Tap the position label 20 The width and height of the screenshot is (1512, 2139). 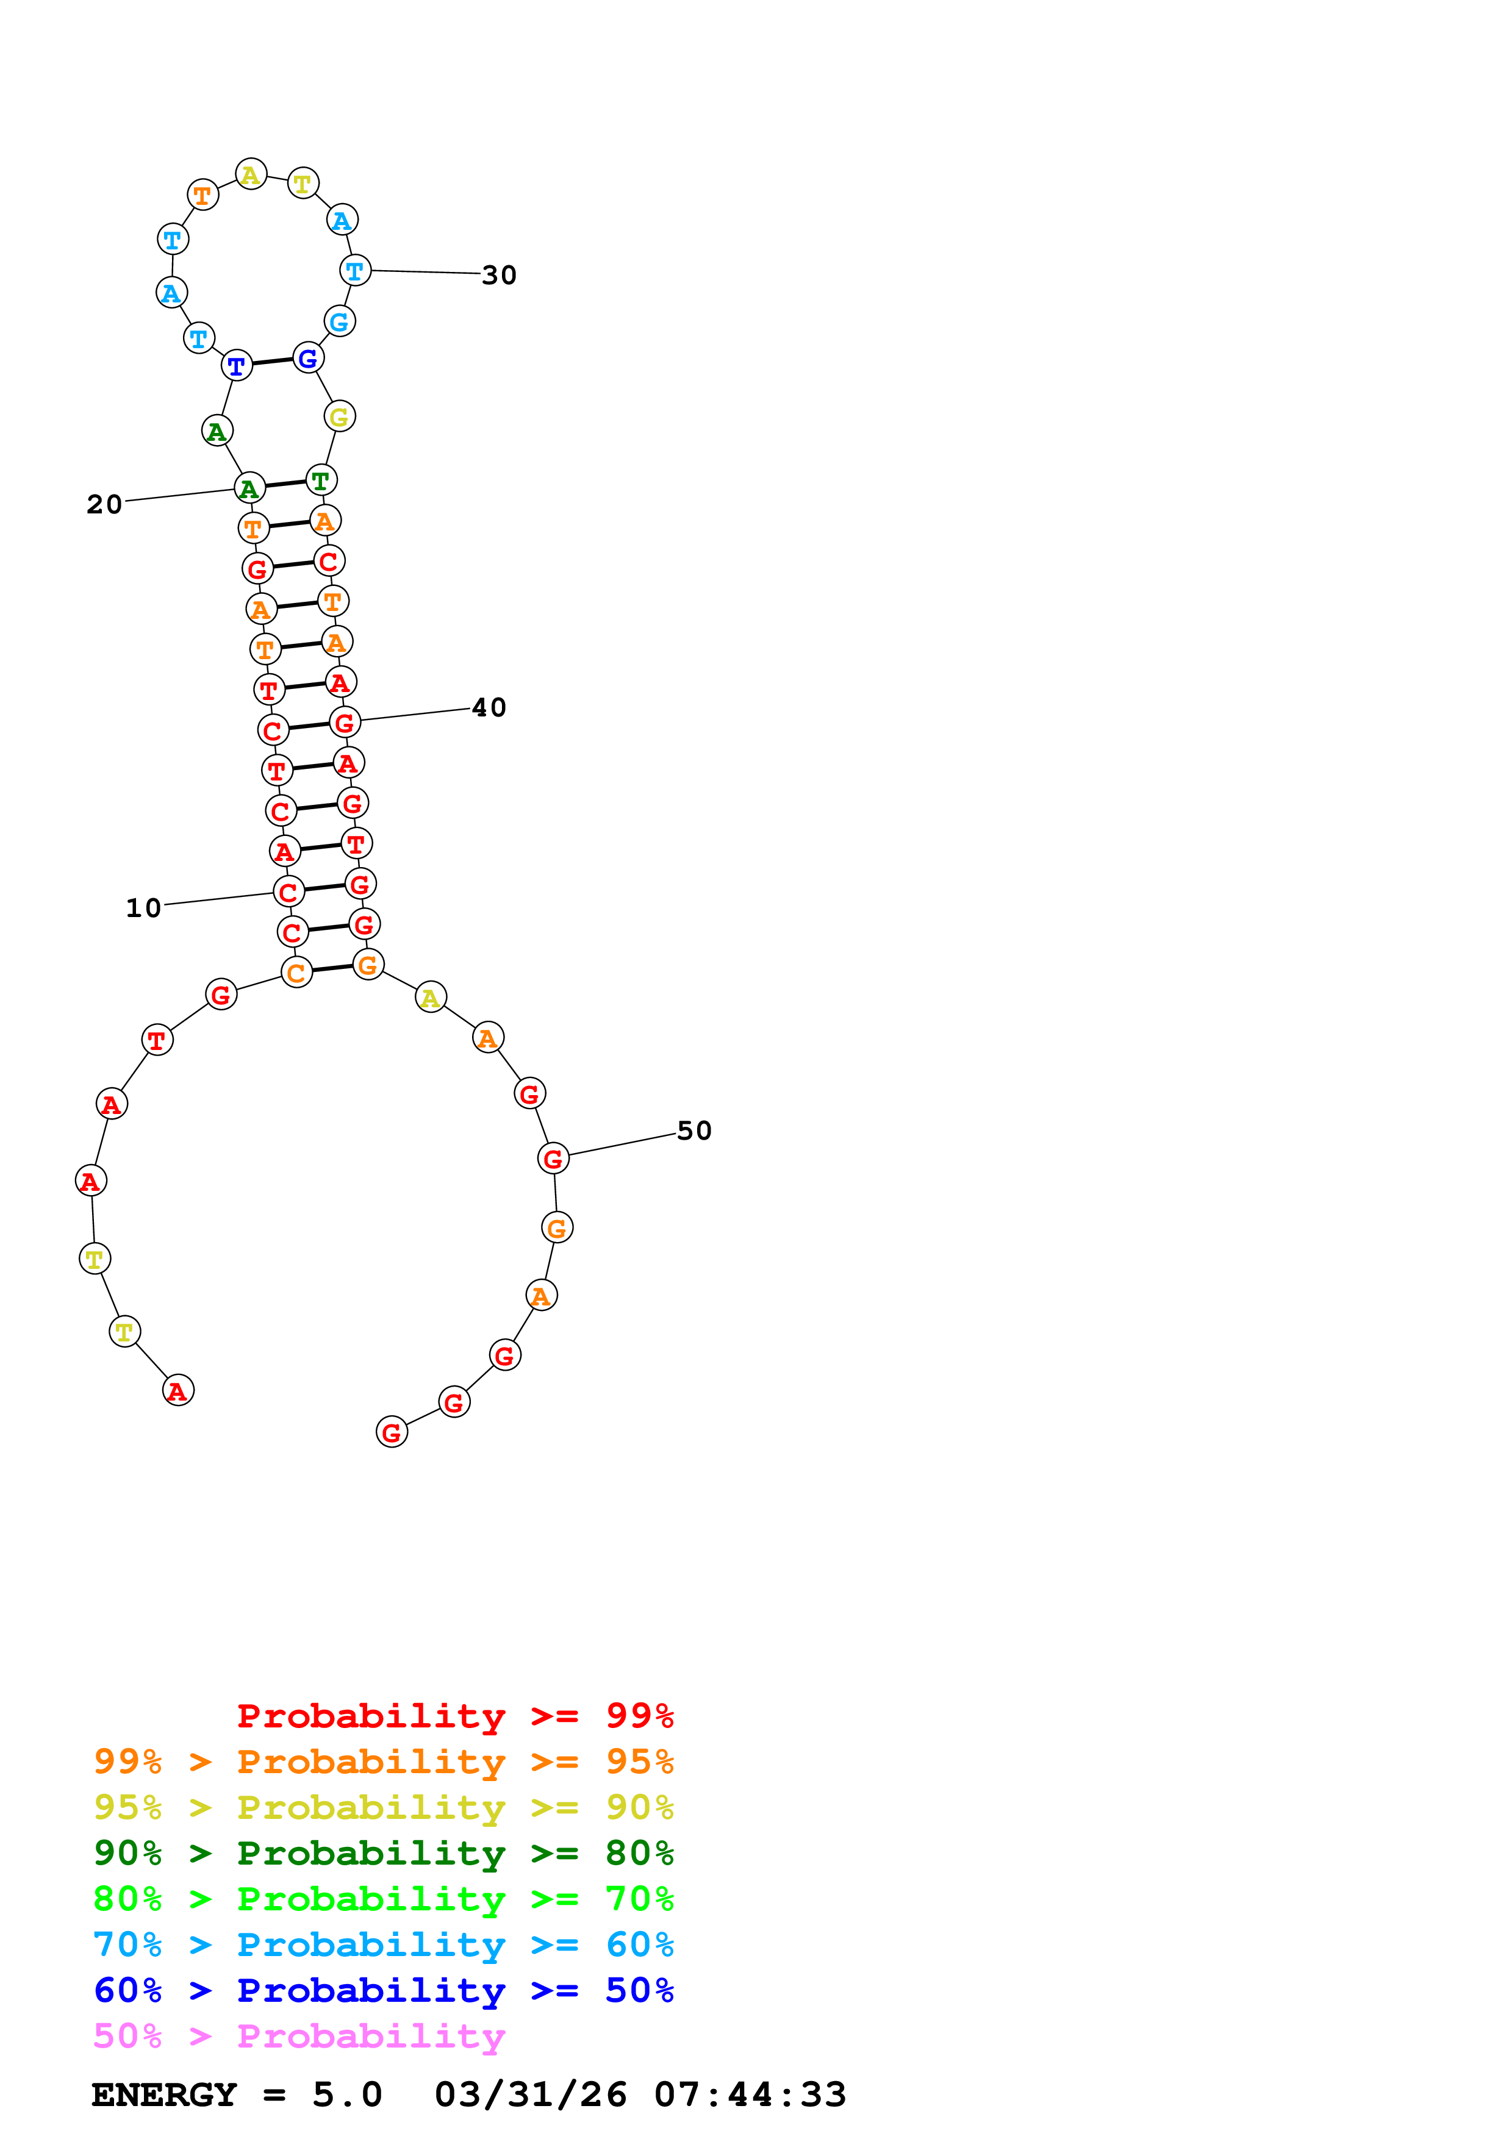[104, 505]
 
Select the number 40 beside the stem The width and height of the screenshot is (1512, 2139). [489, 708]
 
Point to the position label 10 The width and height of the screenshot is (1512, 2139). [143, 909]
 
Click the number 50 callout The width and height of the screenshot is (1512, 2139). [694, 1131]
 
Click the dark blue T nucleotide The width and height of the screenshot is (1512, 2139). [237, 366]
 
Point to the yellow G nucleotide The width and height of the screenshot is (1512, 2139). [340, 417]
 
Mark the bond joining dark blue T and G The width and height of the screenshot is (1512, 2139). [272, 362]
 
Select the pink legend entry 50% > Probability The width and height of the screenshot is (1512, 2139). [299, 2037]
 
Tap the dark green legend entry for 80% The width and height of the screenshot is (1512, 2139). [383, 1853]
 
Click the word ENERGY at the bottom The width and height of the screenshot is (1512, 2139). [164, 2095]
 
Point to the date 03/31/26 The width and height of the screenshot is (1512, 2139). [530, 2095]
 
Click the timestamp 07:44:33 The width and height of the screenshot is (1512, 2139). [750, 2095]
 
